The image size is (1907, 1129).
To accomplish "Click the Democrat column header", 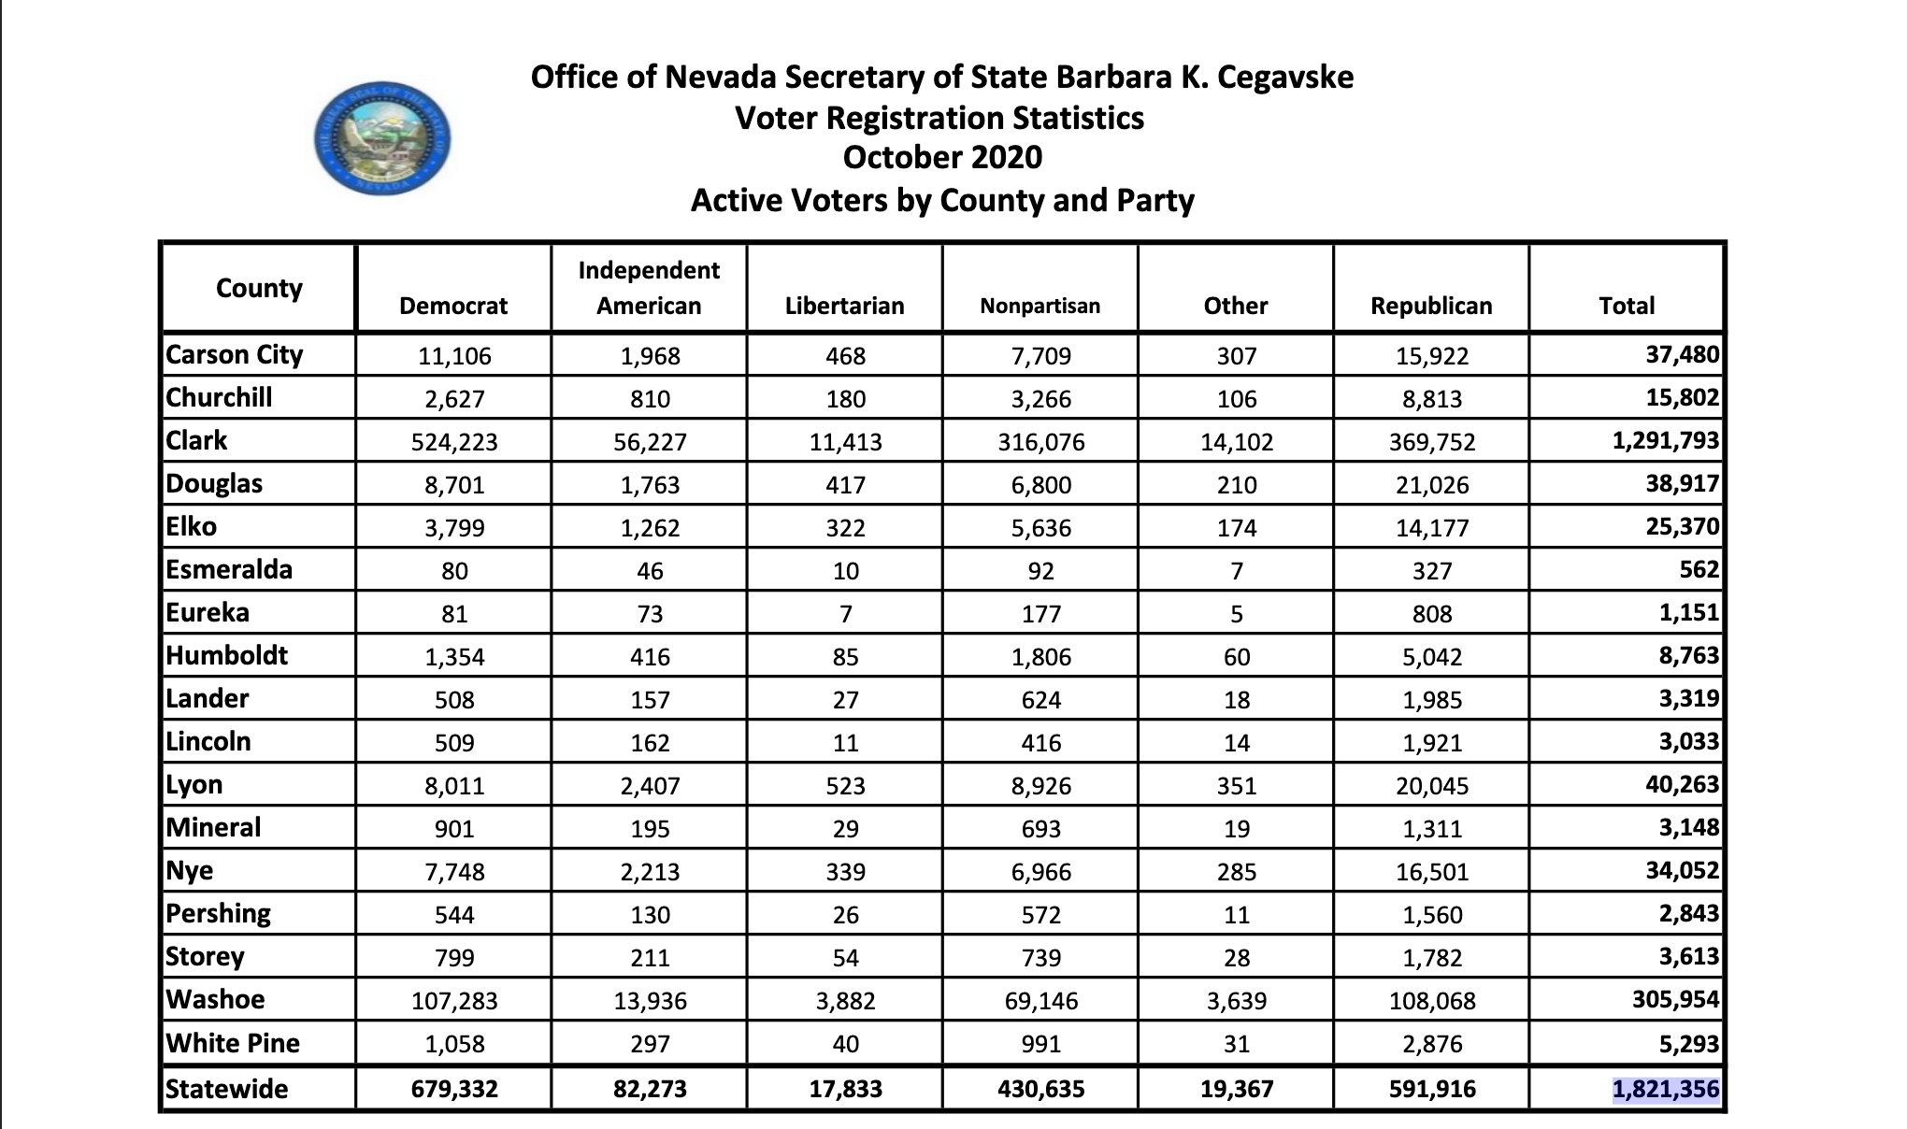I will pos(453,306).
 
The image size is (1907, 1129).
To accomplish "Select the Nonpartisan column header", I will pos(1040,306).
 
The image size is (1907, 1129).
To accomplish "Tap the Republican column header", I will pos(1431,306).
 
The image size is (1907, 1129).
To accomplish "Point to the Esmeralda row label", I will pos(229,569).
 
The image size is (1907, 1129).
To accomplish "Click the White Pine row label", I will pos(233,1042).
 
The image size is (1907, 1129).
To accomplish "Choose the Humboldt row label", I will pos(227,655).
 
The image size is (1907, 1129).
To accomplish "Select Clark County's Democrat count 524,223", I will pos(454,442).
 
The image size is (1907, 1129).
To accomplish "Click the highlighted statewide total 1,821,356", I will pos(1666,1090).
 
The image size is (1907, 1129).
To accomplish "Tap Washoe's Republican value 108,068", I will pos(1431,1001).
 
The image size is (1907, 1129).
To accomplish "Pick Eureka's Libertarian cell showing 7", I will pos(845,614).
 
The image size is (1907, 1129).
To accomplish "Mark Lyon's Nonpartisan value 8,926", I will pos(1040,786).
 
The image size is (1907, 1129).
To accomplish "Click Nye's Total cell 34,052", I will pos(1682,870).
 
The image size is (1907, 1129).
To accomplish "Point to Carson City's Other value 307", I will pos(1236,356).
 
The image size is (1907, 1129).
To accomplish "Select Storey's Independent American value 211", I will pos(650,958).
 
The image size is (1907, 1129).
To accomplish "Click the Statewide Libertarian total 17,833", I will pos(845,1089).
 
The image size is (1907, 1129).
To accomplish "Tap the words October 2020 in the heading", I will pos(942,157).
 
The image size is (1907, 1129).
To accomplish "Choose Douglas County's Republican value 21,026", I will pos(1431,485).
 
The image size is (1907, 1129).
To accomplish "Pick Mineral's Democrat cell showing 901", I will pos(454,829).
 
